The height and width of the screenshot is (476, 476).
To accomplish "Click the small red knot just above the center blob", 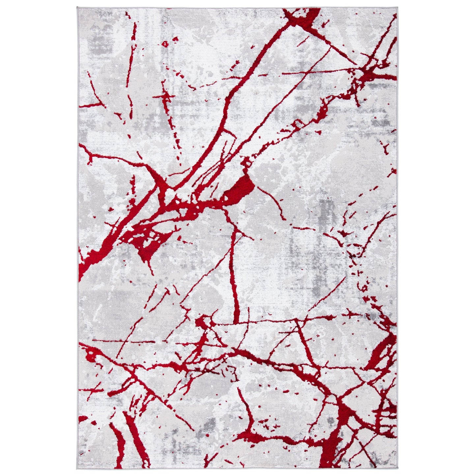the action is pos(245,162).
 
